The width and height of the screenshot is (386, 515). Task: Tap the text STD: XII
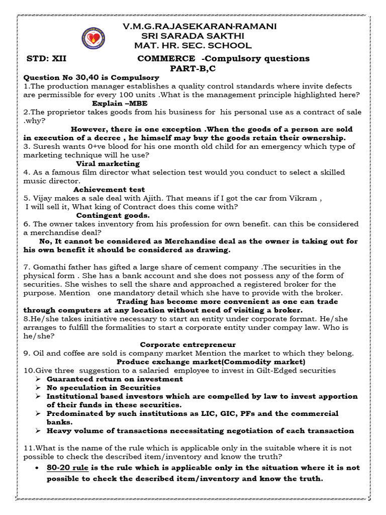[x=46, y=58]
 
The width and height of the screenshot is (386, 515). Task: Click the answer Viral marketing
[x=108, y=163]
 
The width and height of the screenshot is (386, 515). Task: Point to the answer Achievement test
[x=109, y=189]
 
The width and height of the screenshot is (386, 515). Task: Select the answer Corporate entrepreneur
[x=187, y=345]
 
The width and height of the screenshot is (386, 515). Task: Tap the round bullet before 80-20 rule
[x=38, y=468]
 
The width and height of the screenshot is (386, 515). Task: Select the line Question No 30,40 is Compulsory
[x=91, y=77]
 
